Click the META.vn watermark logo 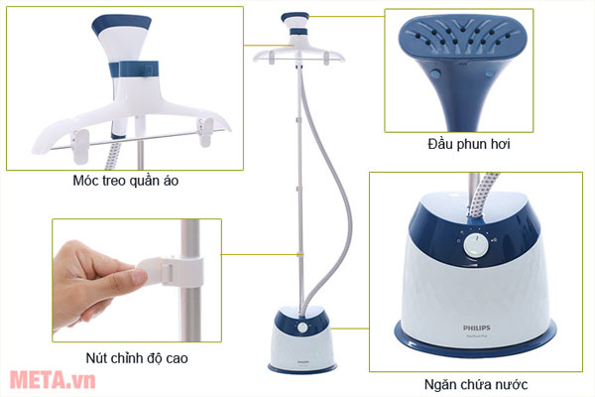[38, 379]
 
